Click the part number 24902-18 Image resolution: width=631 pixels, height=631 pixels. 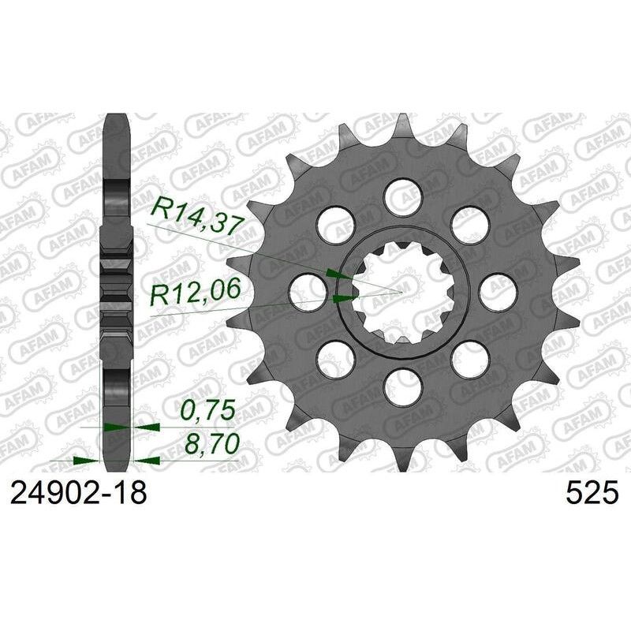point(77,495)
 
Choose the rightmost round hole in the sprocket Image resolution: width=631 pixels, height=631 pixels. point(498,290)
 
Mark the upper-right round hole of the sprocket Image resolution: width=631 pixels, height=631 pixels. point(469,222)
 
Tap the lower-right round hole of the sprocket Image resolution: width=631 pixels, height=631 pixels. point(469,358)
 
